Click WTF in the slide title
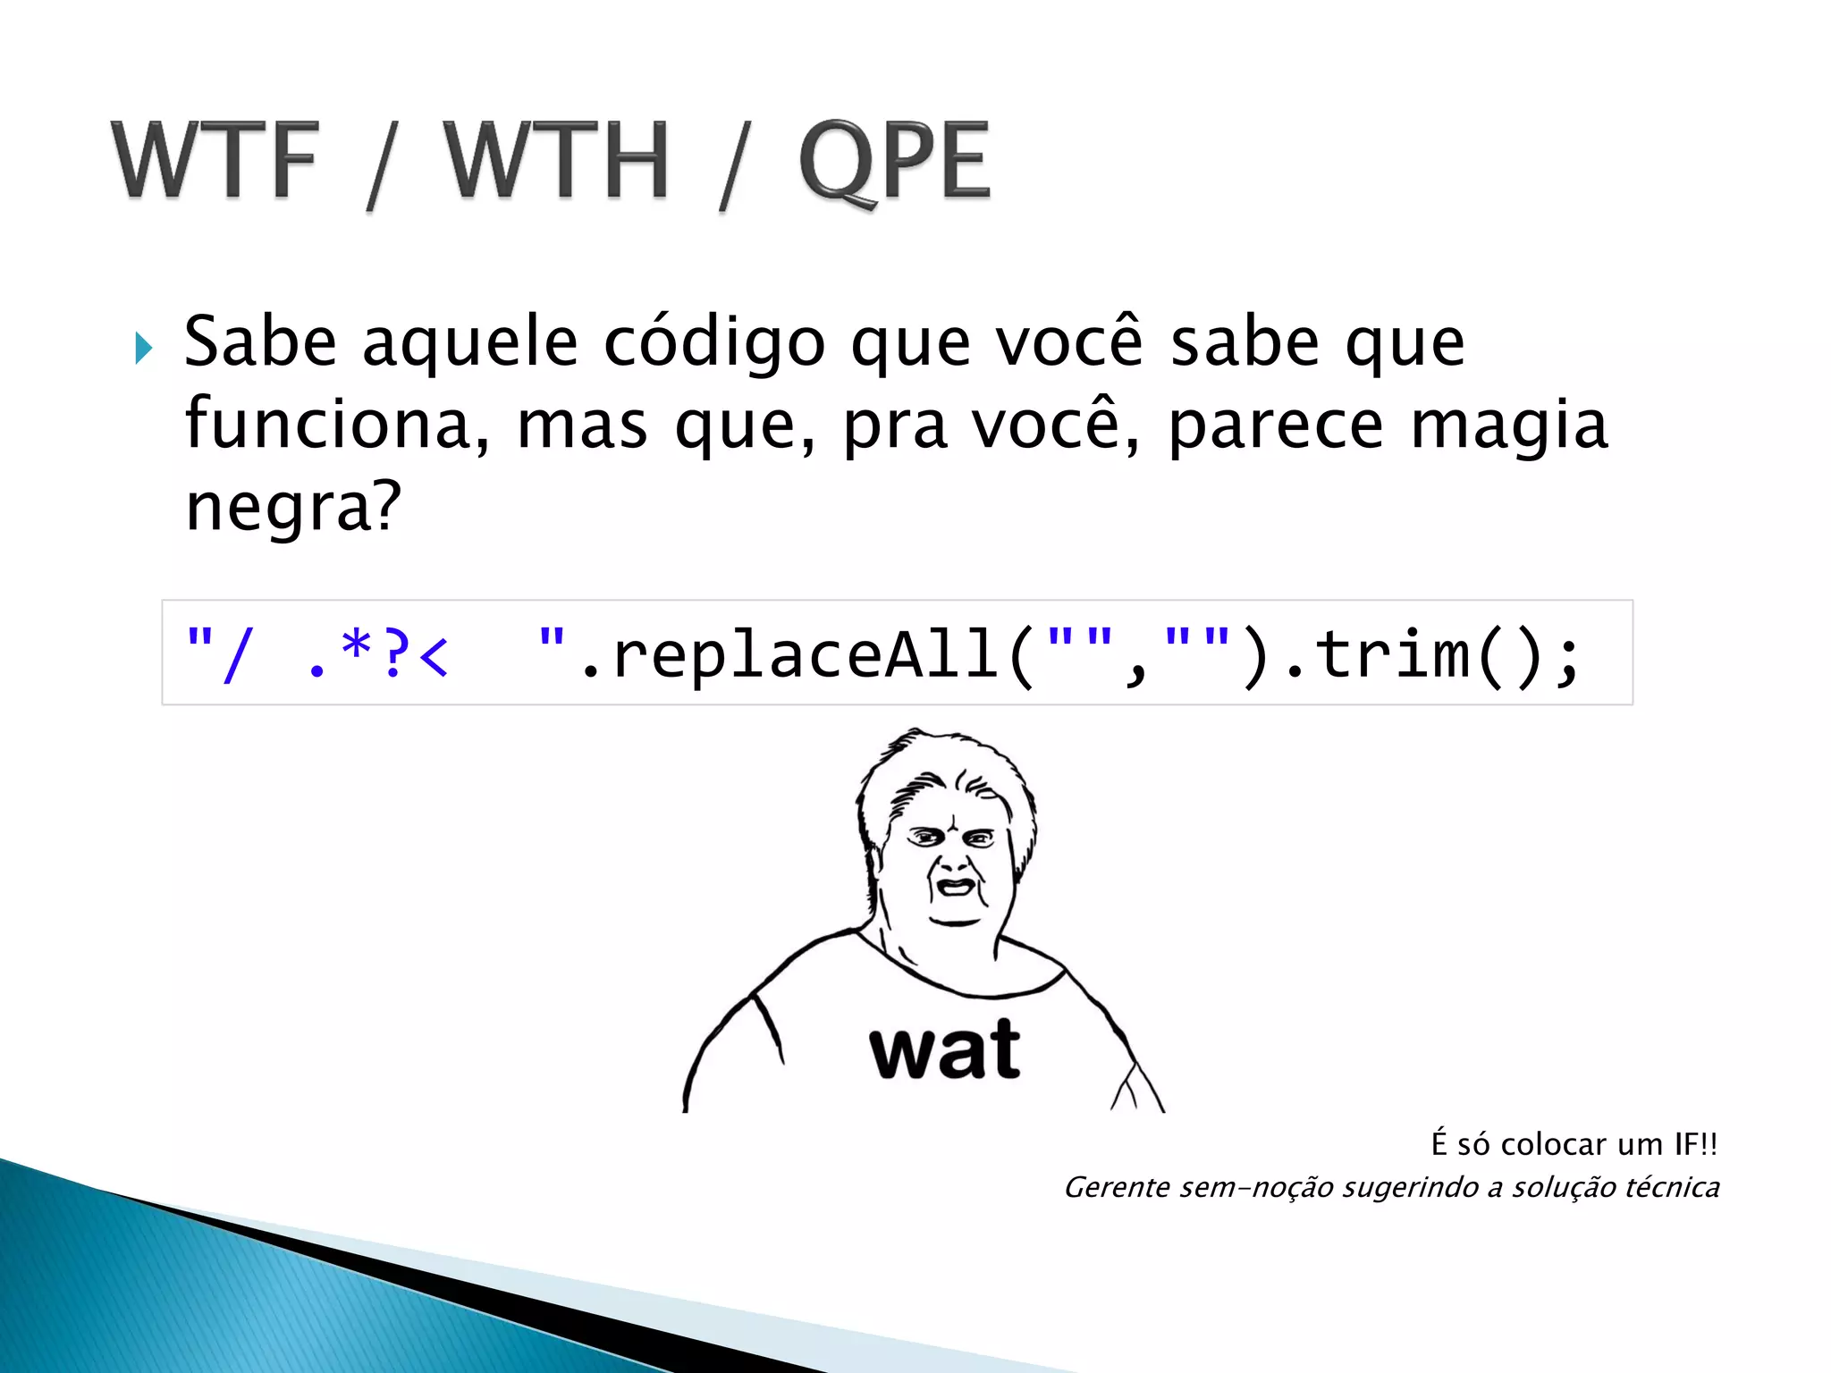click(215, 161)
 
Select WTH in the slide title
click(556, 161)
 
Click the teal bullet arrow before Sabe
click(143, 347)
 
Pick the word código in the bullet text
click(713, 344)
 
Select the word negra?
click(292, 507)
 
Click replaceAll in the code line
click(805, 655)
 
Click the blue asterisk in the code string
click(356, 645)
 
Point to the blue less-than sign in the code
click(433, 657)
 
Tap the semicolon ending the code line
click(1566, 660)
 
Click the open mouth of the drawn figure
click(955, 887)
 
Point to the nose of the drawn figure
click(953, 860)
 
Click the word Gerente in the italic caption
click(1117, 1188)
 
